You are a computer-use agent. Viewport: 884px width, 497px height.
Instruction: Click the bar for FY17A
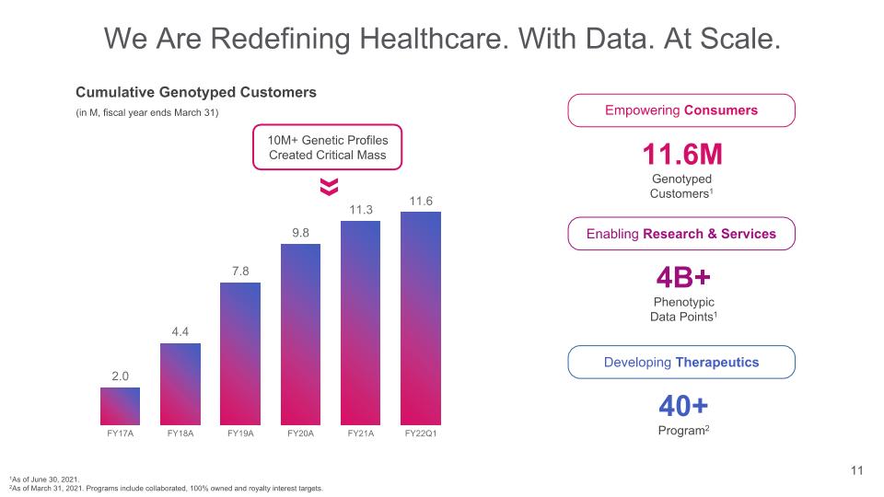(x=120, y=406)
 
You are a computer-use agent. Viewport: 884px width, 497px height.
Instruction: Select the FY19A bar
(x=240, y=353)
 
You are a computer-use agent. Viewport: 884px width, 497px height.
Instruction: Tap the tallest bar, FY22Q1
(x=421, y=318)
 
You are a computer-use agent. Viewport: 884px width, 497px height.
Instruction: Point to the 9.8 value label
(x=300, y=233)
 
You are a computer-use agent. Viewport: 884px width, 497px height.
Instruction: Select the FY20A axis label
(x=300, y=433)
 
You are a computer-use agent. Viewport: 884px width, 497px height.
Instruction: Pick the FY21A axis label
(x=361, y=433)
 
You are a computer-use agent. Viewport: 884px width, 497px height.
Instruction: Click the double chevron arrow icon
(x=329, y=187)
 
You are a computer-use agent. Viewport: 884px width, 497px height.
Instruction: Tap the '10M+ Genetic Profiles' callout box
(x=329, y=147)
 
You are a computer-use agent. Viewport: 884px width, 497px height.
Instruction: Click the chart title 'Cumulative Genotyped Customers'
(x=195, y=92)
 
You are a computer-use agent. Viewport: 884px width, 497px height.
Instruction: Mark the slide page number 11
(x=855, y=472)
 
